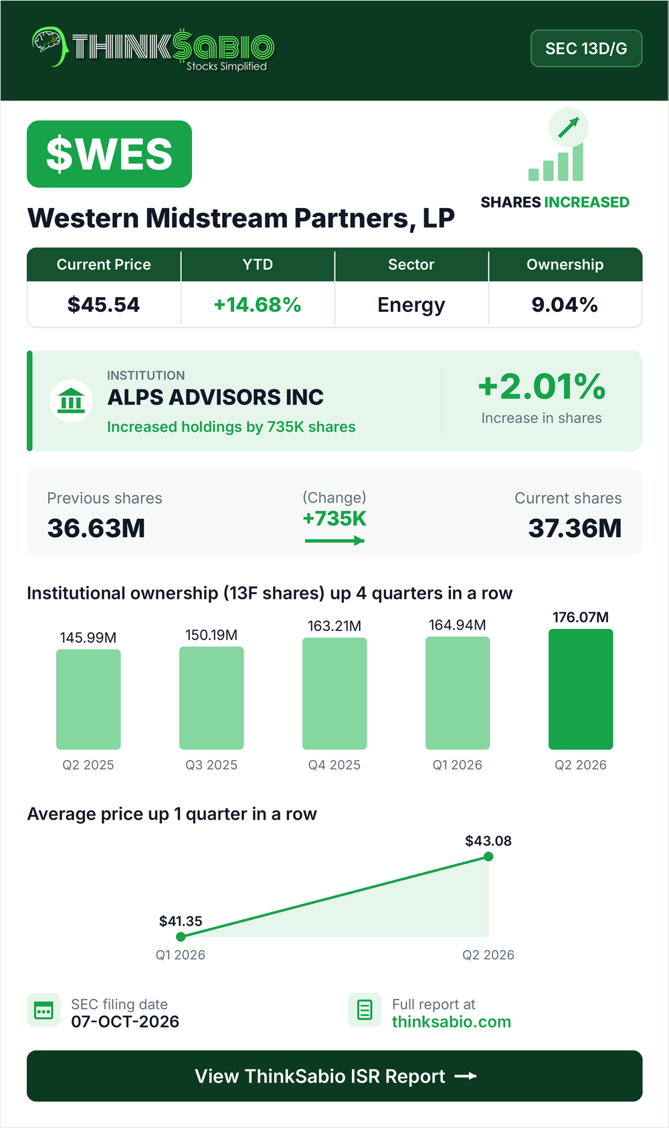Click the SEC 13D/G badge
(x=586, y=48)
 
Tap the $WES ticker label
(x=109, y=154)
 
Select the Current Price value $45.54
(x=104, y=304)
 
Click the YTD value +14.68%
(x=257, y=304)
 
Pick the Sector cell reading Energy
(x=411, y=305)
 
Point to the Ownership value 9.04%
(x=565, y=304)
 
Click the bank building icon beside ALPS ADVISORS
(x=71, y=401)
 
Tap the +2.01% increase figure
(x=542, y=387)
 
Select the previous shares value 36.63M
(x=96, y=529)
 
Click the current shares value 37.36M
(x=575, y=529)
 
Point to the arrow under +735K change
(x=334, y=541)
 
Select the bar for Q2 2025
(x=88, y=699)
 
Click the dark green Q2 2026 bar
(x=581, y=689)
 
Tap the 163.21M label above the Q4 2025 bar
(x=334, y=626)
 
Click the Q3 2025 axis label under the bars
(x=211, y=765)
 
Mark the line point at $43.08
(x=488, y=856)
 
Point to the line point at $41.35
(x=181, y=937)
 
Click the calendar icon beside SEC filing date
(x=43, y=1010)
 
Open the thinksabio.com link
(x=452, y=1022)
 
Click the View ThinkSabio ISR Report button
(x=334, y=1076)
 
